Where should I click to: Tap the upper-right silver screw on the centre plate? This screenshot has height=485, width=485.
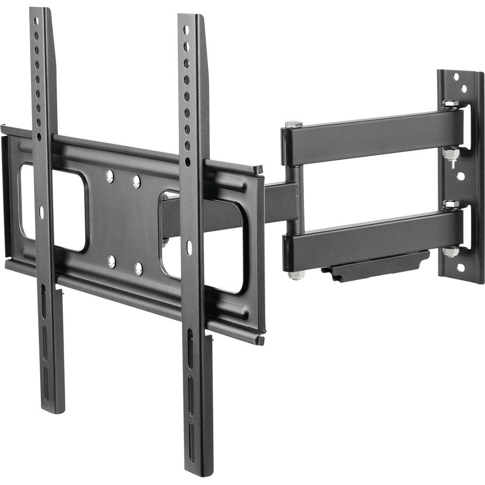(136, 180)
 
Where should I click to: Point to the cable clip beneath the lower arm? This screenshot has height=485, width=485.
(376, 263)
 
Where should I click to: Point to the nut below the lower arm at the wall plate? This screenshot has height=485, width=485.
(450, 253)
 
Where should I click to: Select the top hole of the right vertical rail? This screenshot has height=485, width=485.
(186, 30)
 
